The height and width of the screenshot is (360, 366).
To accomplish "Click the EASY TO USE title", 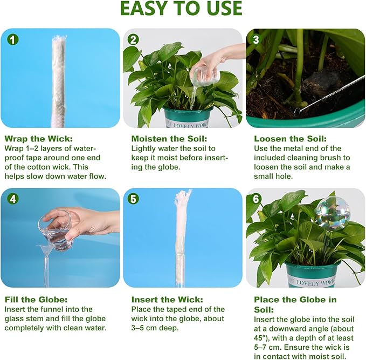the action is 181,9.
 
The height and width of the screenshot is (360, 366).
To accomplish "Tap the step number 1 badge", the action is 12,39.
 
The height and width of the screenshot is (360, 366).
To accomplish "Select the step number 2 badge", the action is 133,39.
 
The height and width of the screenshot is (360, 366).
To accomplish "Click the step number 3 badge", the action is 256,39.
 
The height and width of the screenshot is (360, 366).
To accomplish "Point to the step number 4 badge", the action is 12,199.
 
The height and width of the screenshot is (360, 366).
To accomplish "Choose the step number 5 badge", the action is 133,199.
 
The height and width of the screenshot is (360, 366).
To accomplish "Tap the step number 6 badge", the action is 256,199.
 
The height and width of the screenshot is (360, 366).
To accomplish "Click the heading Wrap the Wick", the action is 39,139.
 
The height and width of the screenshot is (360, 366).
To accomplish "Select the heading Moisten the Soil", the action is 169,139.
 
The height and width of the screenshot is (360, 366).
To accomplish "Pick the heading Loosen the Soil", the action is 291,139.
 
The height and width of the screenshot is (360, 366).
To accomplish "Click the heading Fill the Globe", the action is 36,300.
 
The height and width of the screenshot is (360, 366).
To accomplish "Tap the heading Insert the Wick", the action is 167,300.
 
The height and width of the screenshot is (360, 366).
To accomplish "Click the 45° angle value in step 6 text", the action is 260,338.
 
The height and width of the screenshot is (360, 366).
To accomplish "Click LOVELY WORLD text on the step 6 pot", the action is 316,282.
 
